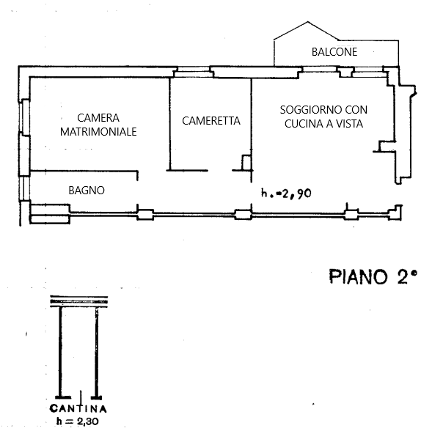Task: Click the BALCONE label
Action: click(334, 52)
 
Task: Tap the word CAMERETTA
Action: click(211, 121)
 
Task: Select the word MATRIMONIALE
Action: click(98, 132)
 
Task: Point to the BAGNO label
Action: click(87, 191)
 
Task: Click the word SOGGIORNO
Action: click(307, 110)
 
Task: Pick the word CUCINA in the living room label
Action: click(303, 124)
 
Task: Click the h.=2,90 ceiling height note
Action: click(286, 193)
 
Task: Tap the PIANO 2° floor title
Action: click(373, 276)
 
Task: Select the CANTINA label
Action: click(78, 408)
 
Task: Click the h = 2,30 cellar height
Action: click(78, 421)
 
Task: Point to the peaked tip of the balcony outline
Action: click(308, 22)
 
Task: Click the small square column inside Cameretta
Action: click(246, 163)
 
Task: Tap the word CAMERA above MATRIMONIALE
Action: click(98, 118)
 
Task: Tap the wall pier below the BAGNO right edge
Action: click(145, 215)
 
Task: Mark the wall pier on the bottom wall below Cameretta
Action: click(243, 215)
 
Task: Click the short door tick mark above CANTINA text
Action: click(81, 397)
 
